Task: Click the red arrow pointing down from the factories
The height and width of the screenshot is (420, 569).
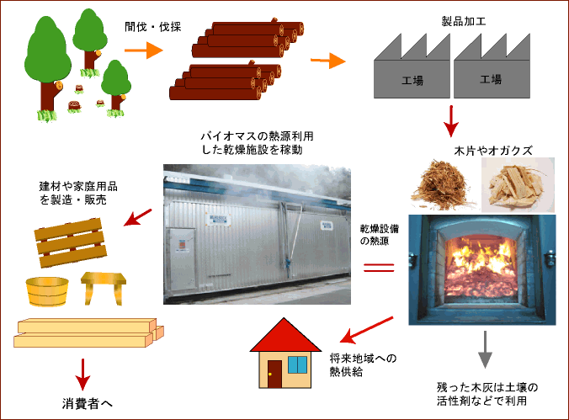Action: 452,121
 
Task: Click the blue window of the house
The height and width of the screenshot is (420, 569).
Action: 298,364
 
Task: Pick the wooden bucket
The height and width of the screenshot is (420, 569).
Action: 48,293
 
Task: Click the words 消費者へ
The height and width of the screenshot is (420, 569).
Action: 88,402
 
